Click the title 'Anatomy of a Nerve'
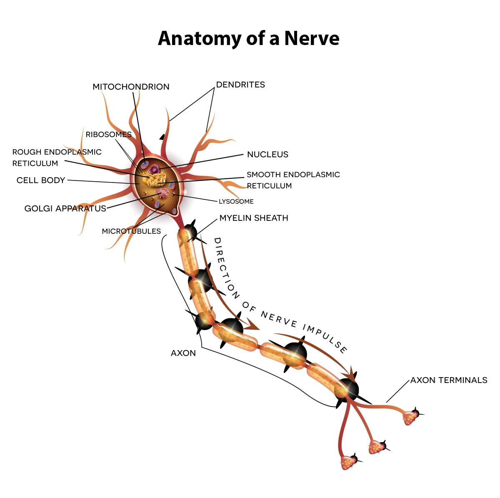[248, 38]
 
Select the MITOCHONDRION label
[131, 87]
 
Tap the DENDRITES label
[240, 85]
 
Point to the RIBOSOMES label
[108, 135]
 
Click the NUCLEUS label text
[267, 155]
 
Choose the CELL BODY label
[41, 180]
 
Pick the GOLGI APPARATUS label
[65, 208]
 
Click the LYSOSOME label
[236, 202]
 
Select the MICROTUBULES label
[131, 231]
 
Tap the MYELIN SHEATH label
[254, 218]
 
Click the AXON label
[183, 353]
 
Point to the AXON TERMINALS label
[449, 380]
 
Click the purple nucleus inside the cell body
[155, 169]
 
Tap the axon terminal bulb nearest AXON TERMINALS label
[411, 417]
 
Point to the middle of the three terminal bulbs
[377, 447]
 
